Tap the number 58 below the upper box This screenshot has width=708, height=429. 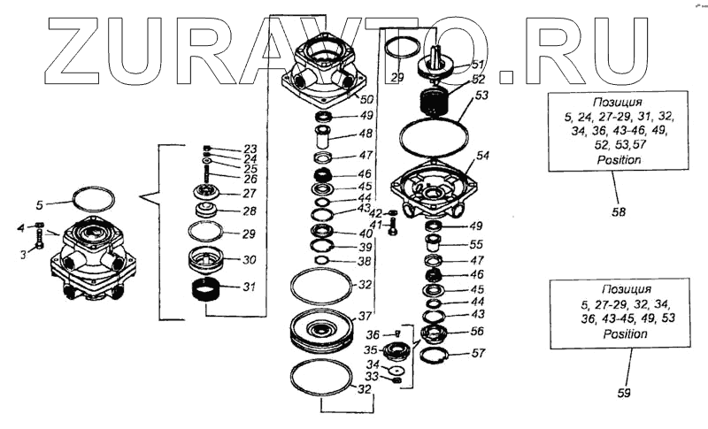[619, 212]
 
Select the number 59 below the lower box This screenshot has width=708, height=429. [623, 394]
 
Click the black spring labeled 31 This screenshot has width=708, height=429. [211, 290]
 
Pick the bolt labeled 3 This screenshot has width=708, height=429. [39, 239]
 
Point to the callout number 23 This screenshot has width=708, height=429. [250, 149]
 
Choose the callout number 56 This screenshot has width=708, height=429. [478, 333]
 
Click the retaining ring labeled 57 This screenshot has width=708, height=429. [435, 356]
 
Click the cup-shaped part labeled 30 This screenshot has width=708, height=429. [211, 261]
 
